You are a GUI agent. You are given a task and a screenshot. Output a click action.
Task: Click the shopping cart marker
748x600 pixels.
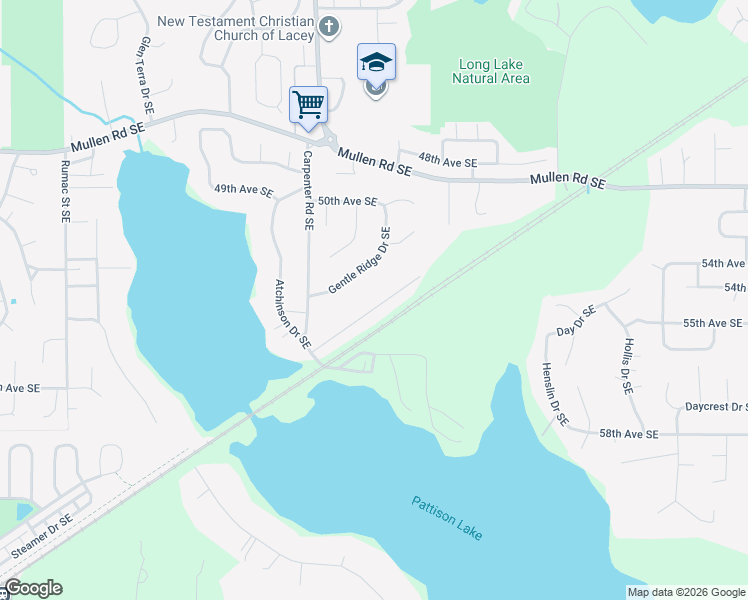point(308,104)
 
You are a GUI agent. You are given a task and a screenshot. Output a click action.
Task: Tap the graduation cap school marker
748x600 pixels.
point(376,62)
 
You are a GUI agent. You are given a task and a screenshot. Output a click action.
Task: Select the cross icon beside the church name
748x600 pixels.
point(330,28)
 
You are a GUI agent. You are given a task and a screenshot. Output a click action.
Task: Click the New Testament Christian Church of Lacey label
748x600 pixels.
point(236,28)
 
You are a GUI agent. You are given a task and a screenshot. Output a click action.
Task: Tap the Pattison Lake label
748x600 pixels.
point(447,518)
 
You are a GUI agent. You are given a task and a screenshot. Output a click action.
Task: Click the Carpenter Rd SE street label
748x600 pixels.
point(308,192)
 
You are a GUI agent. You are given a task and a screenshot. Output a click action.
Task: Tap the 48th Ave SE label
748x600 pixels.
point(448,161)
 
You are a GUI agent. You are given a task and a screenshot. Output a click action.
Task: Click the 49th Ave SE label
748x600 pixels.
point(243,189)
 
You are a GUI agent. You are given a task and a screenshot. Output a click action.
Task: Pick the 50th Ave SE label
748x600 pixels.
point(347,201)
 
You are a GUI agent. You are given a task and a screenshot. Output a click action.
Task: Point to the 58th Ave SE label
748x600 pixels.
point(629,434)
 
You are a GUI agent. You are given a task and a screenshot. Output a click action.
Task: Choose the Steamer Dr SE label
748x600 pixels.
point(41,537)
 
